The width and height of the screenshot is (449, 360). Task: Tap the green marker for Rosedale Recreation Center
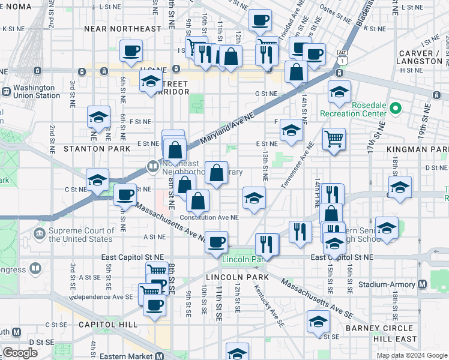395,109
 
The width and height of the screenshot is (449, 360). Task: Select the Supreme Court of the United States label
81,235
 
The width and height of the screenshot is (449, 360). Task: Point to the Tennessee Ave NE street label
297,165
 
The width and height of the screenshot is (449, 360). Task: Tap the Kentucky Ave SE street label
268,305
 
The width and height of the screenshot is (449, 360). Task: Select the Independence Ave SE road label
101,297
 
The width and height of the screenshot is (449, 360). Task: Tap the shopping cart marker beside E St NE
334,139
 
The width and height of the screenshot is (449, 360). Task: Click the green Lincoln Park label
243,260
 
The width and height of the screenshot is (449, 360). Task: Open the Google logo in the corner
20,353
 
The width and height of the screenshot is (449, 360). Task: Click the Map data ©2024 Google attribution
412,355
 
